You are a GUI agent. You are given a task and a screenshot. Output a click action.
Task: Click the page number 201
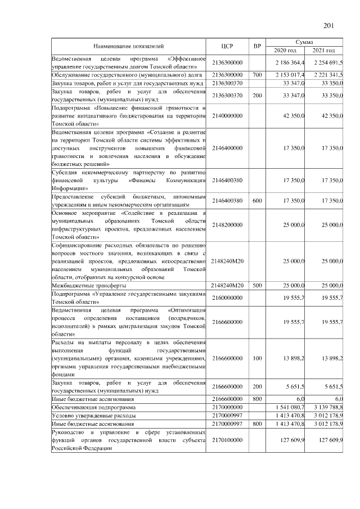point(330,24)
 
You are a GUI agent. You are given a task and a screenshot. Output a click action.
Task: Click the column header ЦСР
point(227,46)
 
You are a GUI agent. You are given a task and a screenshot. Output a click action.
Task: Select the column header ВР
point(258,46)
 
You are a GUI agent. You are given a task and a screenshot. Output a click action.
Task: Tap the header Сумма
point(308,42)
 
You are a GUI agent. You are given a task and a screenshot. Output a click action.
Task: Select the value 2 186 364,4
point(289,62)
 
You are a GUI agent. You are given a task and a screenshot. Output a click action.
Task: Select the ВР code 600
point(258,201)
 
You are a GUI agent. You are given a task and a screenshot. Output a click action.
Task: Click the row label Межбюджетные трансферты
point(83,285)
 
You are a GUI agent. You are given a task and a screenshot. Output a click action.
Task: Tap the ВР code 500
point(258,285)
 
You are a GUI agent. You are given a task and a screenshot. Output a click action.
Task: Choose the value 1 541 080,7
point(289,407)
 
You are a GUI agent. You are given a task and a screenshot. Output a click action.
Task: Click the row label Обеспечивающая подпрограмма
point(94,407)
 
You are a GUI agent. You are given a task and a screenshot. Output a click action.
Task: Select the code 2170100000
point(227,440)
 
